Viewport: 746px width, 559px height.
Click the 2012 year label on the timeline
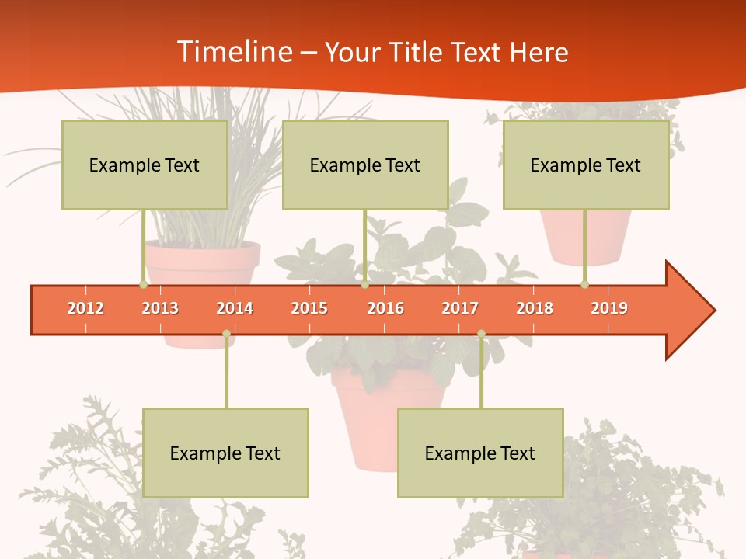pos(85,308)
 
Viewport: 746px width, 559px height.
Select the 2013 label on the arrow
pos(160,308)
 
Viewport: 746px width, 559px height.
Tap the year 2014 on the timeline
pos(235,308)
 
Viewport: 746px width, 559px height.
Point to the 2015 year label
pos(309,308)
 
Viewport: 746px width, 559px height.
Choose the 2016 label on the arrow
pos(385,308)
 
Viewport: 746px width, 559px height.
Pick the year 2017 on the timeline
pos(460,308)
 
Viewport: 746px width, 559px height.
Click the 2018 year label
pos(535,308)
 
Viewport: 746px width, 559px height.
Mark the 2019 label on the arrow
pos(609,308)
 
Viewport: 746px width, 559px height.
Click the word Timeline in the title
pos(234,52)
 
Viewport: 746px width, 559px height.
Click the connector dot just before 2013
pos(143,285)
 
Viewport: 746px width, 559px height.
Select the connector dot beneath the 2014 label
pos(226,334)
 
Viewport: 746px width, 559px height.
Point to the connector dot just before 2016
pos(364,285)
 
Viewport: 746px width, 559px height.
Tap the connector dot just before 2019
pos(584,285)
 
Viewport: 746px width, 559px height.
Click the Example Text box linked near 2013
pos(145,165)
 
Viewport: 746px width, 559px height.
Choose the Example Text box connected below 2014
pos(225,453)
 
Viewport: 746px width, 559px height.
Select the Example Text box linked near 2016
pos(365,165)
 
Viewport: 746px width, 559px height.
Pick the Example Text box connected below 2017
pos(480,453)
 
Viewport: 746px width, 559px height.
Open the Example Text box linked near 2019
pos(586,165)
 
